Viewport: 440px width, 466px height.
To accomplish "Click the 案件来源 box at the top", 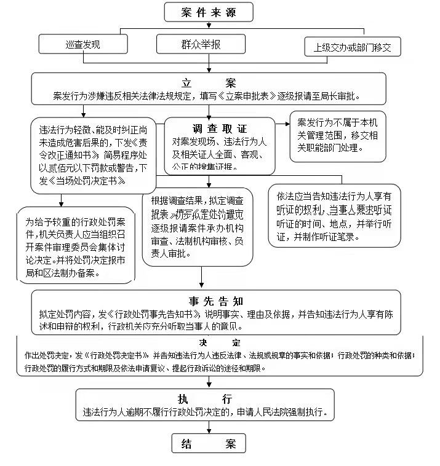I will coord(209,12).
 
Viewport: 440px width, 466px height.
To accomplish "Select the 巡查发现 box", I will coord(82,44).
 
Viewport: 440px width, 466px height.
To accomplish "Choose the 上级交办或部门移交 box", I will coord(353,46).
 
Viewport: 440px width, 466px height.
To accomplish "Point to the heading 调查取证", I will coord(220,129).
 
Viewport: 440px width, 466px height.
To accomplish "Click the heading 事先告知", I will coord(218,301).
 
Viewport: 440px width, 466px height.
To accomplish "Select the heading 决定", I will coord(220,342).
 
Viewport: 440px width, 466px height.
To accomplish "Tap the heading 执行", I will coord(205,398).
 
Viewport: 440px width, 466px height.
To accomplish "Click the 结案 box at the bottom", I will coord(209,443).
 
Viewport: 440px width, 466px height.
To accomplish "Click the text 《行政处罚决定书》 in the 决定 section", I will coord(119,355).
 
